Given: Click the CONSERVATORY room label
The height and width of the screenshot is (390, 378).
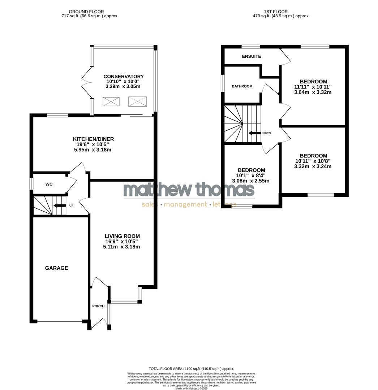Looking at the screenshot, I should click(x=124, y=77).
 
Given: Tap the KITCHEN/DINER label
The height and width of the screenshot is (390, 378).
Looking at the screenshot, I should click(x=93, y=139).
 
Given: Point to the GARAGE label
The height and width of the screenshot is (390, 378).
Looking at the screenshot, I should click(x=56, y=268).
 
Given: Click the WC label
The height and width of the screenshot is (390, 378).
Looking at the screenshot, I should click(x=49, y=184).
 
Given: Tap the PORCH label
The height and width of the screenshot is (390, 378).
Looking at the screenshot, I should click(x=98, y=306).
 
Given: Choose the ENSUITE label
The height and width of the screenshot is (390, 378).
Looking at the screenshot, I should click(x=252, y=56).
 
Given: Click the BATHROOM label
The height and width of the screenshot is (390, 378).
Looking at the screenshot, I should click(x=242, y=86).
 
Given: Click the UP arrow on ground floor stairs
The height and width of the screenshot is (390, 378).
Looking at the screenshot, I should click(x=57, y=206).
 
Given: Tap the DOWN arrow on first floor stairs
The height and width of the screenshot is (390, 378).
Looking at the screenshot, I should click(x=255, y=133).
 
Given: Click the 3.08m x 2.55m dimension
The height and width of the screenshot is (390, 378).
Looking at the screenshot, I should click(x=251, y=181).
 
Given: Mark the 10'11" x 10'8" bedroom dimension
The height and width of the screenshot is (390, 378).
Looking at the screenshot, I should click(x=313, y=161).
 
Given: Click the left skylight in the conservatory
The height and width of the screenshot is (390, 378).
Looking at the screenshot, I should click(x=111, y=102).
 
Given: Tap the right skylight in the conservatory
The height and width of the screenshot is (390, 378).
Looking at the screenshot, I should click(x=137, y=102).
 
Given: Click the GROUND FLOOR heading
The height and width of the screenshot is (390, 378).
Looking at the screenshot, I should click(x=86, y=12).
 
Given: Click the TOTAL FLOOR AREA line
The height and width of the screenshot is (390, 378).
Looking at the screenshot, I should click(x=191, y=369).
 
